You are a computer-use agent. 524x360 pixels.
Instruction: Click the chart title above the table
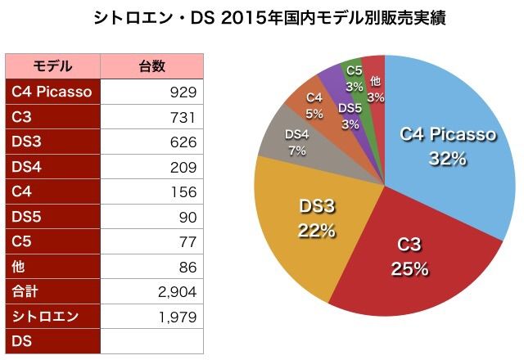pyautogui.click(x=263, y=19)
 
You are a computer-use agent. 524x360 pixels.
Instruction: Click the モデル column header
pyautogui.click(x=52, y=66)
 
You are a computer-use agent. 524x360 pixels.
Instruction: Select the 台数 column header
pyautogui.click(x=151, y=66)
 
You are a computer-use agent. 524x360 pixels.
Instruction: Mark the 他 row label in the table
pyautogui.click(x=20, y=267)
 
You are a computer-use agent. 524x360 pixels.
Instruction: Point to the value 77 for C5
pyautogui.click(x=187, y=242)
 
